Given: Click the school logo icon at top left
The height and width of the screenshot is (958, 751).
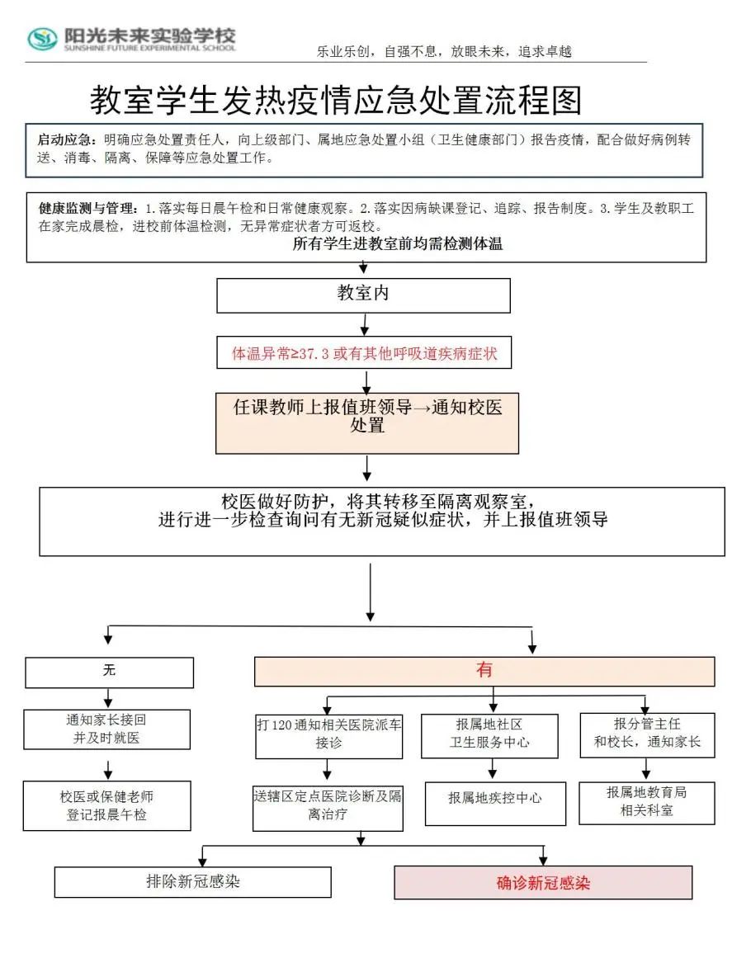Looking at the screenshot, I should (x=42, y=38).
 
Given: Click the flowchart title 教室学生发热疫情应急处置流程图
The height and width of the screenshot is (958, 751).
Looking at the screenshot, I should (x=336, y=101).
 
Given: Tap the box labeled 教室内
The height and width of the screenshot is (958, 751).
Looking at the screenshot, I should (x=363, y=295).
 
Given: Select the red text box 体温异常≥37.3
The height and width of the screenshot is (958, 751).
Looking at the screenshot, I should (x=364, y=354).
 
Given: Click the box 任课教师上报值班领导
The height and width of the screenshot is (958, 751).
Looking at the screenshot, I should (x=367, y=422).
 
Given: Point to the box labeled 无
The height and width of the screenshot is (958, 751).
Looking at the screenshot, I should (x=109, y=672).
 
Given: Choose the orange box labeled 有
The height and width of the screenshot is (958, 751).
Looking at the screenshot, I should (x=484, y=671).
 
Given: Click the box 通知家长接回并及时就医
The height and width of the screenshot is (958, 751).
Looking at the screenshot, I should (x=106, y=729).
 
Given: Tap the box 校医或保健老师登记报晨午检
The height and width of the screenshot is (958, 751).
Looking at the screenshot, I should (x=106, y=806).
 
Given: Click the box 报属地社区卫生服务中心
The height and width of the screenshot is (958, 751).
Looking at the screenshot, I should (x=493, y=734).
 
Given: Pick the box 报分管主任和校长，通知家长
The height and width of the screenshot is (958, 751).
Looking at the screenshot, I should (x=647, y=734).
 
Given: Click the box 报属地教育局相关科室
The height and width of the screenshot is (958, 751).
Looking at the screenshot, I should (x=646, y=801).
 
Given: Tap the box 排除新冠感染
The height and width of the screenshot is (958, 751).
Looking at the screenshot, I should (x=193, y=881).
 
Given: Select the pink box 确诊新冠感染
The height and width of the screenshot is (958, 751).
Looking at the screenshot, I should (x=543, y=883).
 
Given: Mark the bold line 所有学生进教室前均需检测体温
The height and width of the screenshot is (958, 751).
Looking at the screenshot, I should (x=398, y=243).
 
